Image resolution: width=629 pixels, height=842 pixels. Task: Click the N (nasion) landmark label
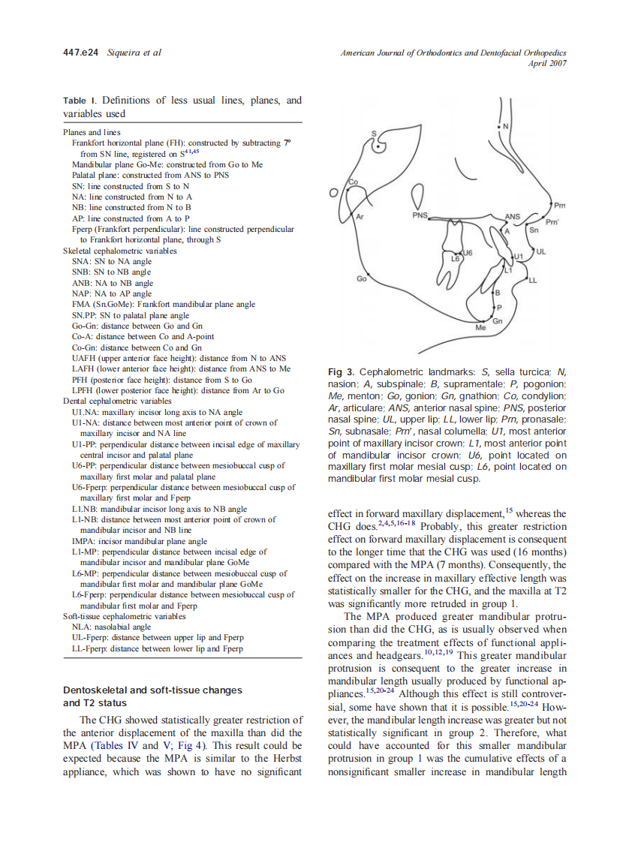coord(505,125)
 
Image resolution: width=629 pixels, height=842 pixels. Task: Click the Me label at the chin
coord(481,328)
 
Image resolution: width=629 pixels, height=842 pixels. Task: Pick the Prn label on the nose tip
coord(559,204)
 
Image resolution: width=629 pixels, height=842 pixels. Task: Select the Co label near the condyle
coord(354,182)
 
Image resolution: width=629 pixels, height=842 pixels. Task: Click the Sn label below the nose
coord(534,230)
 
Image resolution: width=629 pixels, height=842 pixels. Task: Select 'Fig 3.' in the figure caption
coord(342,372)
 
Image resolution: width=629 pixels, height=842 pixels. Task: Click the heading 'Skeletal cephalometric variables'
coord(120,251)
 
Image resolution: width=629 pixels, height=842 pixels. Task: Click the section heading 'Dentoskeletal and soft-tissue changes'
coord(152,690)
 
